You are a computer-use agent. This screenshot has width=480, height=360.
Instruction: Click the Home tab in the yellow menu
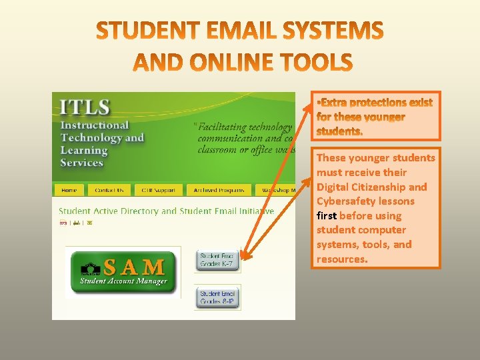coord(69,190)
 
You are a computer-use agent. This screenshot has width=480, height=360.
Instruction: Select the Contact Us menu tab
coord(109,190)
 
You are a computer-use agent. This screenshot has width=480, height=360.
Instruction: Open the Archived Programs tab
coord(219,190)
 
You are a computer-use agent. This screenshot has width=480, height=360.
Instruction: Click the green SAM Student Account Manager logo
coord(123,271)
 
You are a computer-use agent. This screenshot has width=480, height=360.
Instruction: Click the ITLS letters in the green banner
coord(85,107)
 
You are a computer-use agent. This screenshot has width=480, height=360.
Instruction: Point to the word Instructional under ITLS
coord(95,125)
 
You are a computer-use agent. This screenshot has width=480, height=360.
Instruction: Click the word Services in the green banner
coord(81,162)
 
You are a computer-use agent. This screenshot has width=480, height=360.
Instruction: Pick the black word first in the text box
coord(326,216)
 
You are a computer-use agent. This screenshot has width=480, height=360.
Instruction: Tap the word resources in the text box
coord(341,259)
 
